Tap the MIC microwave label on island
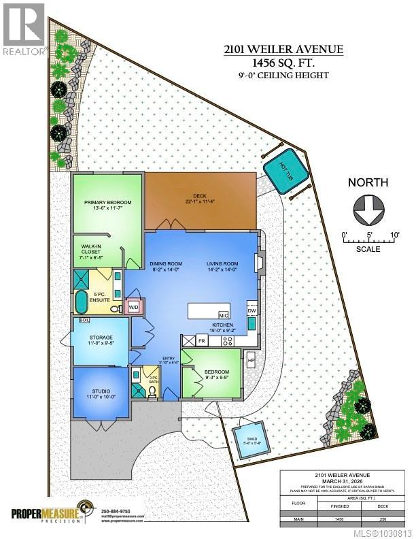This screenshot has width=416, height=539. (x=222, y=315)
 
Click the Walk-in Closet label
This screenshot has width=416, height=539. (x=92, y=251)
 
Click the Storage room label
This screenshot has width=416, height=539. (x=100, y=339)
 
